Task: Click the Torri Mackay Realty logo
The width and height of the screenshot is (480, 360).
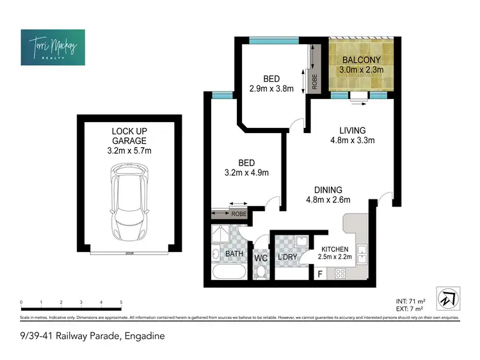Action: point(52,47)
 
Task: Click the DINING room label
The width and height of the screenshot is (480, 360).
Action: point(328,194)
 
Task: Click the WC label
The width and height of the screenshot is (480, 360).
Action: point(260,258)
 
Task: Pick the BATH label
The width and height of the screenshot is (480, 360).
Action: point(235,254)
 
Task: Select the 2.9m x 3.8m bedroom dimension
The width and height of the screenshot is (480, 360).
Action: point(271,89)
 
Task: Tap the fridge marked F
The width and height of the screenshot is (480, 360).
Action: point(320,274)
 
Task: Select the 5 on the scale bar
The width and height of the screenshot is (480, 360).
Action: point(120,302)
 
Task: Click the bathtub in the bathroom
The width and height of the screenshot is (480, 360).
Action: point(228,274)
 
